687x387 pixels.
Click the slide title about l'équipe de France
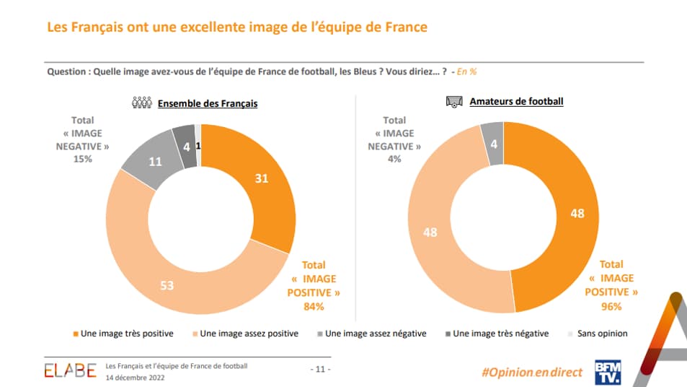pos(237,27)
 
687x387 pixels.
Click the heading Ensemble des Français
pos(208,103)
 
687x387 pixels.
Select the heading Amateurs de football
pos(516,102)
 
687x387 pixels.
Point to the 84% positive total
pos(314,307)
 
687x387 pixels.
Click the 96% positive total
pos(613,305)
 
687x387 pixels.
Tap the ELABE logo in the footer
pos(70,371)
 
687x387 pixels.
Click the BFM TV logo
pos(606,371)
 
